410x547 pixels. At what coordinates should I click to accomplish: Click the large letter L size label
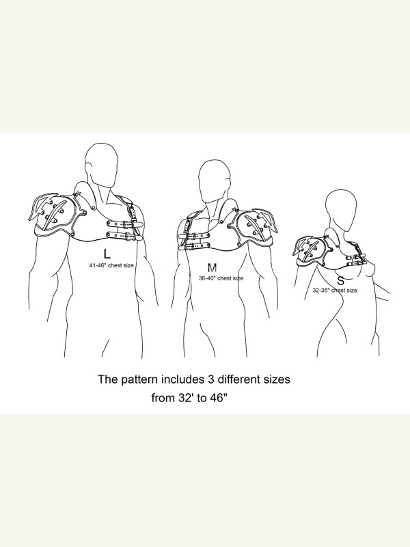click(x=107, y=254)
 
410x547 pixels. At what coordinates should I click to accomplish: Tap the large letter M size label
click(x=212, y=267)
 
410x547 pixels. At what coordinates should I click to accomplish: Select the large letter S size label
click(x=340, y=280)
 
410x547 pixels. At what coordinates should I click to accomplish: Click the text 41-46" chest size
click(x=111, y=265)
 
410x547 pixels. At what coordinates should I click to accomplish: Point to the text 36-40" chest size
click(x=221, y=278)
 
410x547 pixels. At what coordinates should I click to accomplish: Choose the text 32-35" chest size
click(x=335, y=290)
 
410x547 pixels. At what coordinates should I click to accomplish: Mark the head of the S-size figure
click(x=341, y=210)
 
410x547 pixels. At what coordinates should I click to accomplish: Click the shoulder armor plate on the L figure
click(x=56, y=212)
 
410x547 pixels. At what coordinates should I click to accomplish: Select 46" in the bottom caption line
click(x=219, y=398)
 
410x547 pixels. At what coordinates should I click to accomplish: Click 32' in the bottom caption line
click(x=187, y=398)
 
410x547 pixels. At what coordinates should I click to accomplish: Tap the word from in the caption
click(x=163, y=398)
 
